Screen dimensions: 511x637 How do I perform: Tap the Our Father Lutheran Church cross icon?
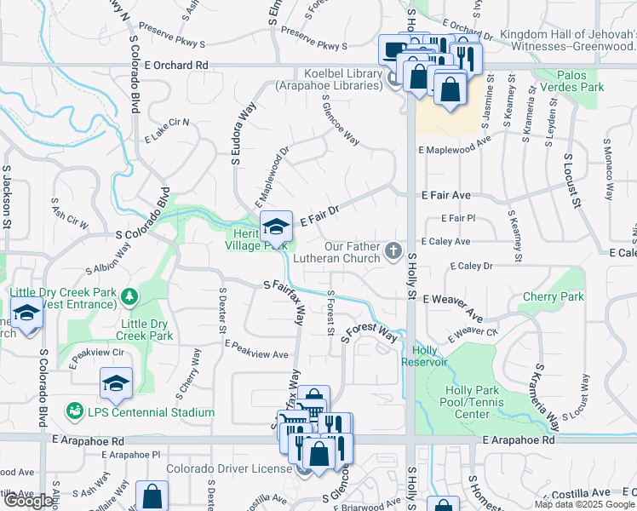pos(393,250)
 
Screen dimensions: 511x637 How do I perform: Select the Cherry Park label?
pos(554,297)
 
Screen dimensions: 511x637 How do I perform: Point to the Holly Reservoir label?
pos(430,356)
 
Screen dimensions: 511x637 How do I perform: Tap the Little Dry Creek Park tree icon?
pos(129,296)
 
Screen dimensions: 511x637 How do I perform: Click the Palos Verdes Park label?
pos(583,81)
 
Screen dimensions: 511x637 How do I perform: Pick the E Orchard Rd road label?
pos(175,65)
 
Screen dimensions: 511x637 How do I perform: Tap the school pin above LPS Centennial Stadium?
pos(116,385)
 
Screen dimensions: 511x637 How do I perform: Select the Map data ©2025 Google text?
pos(583,504)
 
